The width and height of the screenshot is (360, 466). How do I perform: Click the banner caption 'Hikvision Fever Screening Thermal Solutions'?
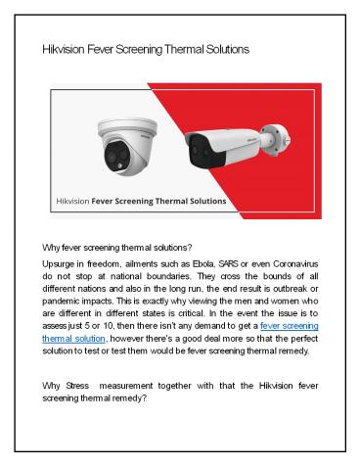(141, 203)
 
